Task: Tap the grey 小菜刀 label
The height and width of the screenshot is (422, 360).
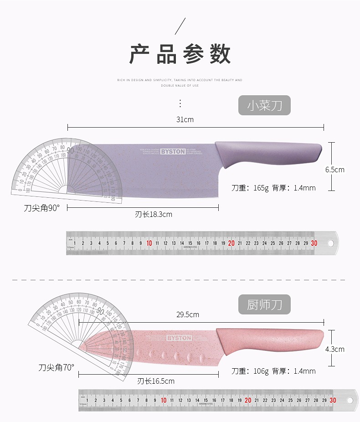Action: tap(264, 106)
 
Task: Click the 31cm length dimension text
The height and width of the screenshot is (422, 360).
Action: tap(185, 120)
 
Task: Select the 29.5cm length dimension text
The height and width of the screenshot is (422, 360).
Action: tap(188, 314)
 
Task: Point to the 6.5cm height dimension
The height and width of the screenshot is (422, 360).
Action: tap(334, 170)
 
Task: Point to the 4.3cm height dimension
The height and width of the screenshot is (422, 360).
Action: tap(334, 349)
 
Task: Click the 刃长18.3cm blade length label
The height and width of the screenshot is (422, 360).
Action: tap(154, 214)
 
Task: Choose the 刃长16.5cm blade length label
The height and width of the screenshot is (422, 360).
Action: tap(156, 381)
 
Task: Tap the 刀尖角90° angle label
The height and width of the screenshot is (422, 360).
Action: tap(42, 208)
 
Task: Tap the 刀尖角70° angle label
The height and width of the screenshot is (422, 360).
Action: tap(57, 367)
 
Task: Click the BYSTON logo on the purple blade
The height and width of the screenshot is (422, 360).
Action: tap(173, 152)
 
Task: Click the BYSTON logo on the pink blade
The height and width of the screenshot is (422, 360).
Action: tap(179, 338)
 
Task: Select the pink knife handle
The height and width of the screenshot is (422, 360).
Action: tap(269, 339)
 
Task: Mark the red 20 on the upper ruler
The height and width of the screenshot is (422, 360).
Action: tap(231, 243)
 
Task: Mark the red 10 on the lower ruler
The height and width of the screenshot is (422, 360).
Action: tap(164, 400)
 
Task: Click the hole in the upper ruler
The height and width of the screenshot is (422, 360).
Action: tap(331, 243)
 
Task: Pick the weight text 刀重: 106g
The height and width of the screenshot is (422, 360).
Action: tap(250, 371)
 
